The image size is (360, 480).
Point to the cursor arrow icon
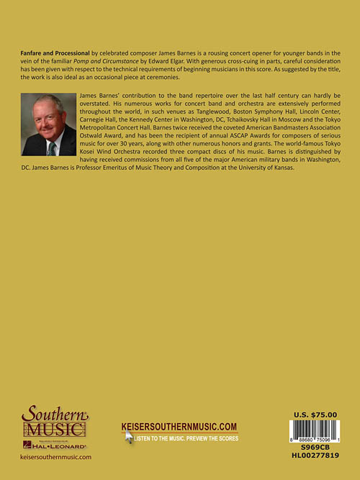(x=129, y=437)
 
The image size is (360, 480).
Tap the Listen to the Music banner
(x=186, y=436)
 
